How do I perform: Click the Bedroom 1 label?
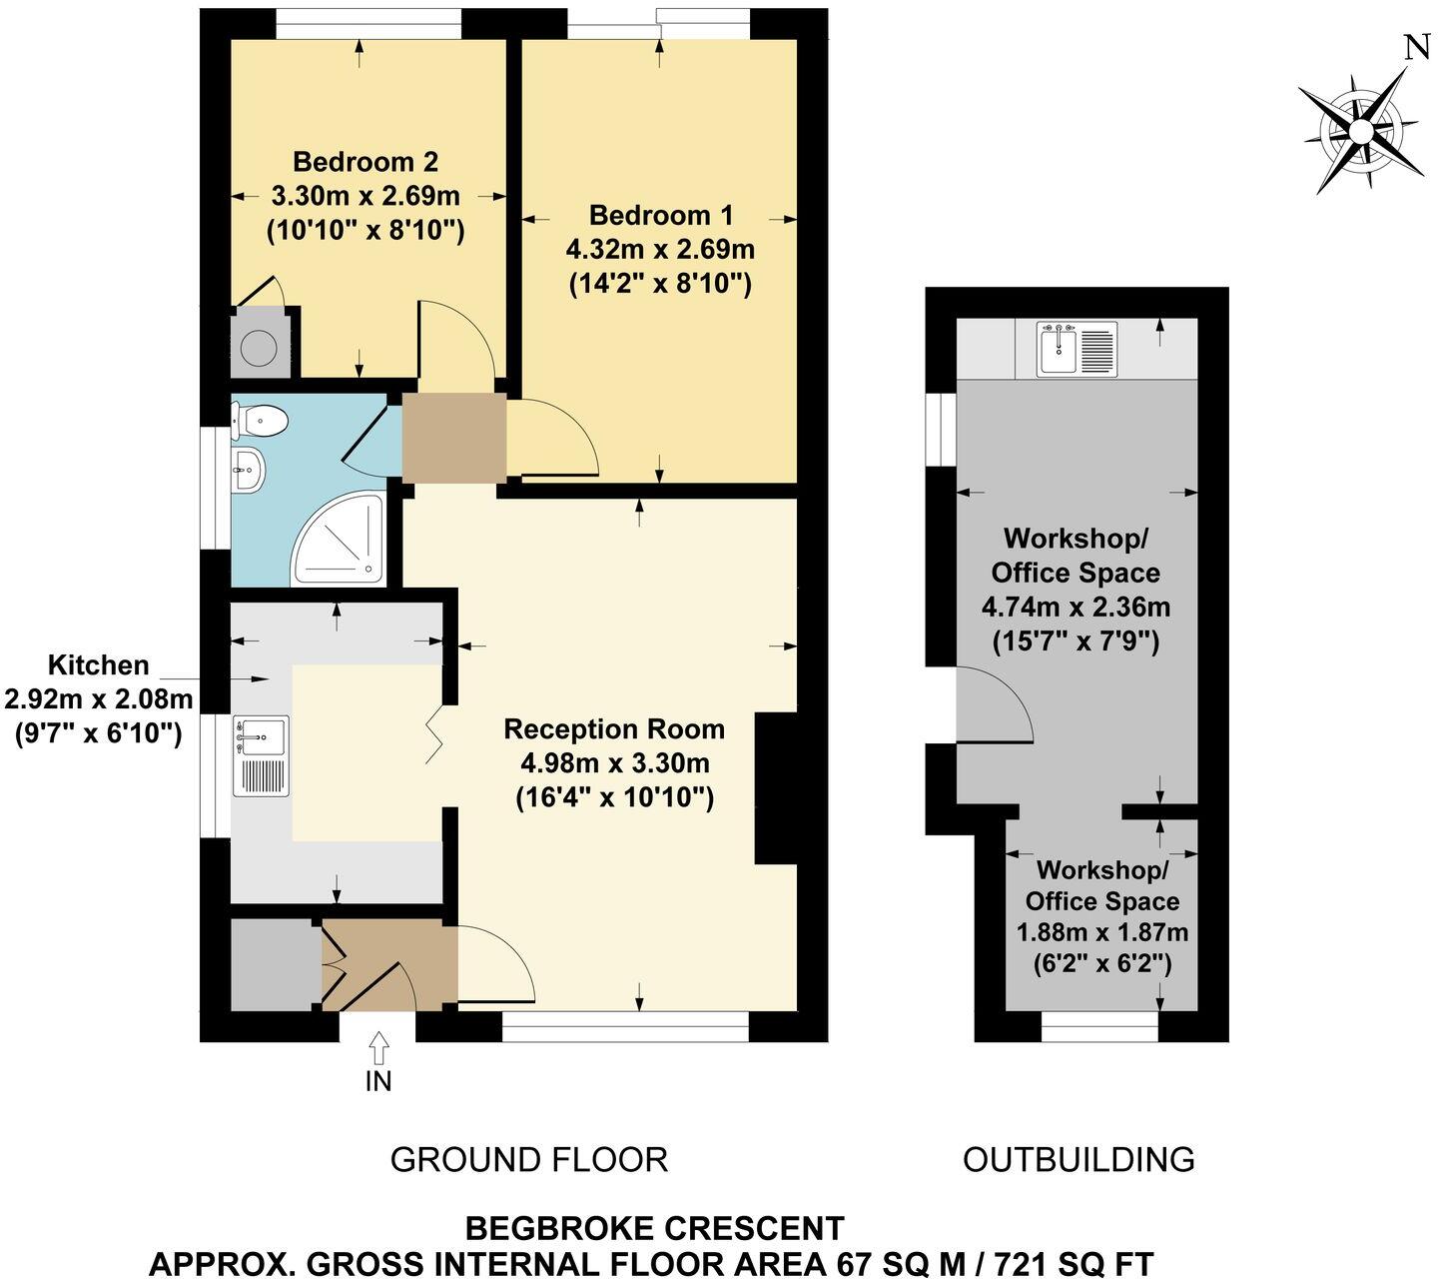pyautogui.click(x=660, y=215)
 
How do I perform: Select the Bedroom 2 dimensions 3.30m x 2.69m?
pyautogui.click(x=365, y=195)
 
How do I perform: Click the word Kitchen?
pyautogui.click(x=99, y=665)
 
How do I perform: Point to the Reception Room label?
pyautogui.click(x=614, y=729)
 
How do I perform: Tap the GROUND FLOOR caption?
pyautogui.click(x=528, y=1159)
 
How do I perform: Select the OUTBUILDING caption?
pyautogui.click(x=1078, y=1159)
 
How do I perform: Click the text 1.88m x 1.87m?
pyautogui.click(x=1101, y=932)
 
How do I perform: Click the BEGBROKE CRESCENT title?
pyautogui.click(x=655, y=1227)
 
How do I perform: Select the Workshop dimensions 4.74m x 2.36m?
pyautogui.click(x=1076, y=607)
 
